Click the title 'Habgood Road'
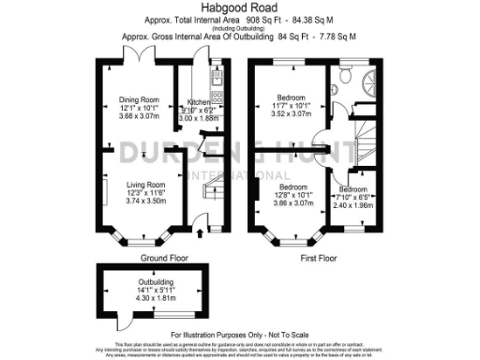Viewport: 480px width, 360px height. click(240, 8)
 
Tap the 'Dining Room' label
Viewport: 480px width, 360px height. click(139, 99)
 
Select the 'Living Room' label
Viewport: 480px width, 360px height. click(145, 185)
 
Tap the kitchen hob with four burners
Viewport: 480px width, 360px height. click(216, 95)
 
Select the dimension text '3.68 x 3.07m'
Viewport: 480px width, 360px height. click(139, 116)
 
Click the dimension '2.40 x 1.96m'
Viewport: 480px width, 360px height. click(353, 204)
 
